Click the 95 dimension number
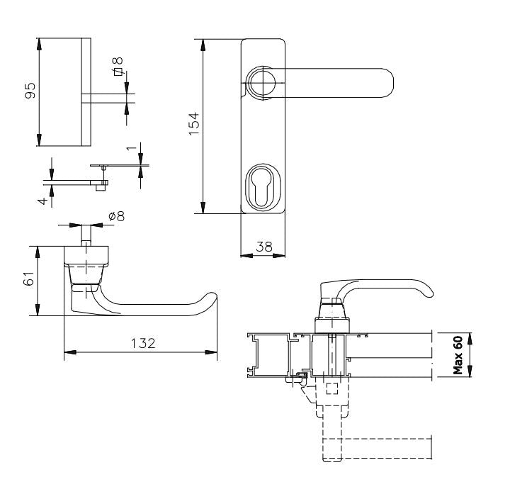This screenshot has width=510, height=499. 30,92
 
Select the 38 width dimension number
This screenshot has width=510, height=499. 263,247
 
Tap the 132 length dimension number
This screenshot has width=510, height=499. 142,342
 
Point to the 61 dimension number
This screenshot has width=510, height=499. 29,281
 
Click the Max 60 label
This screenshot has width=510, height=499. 458,354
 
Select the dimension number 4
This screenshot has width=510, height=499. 43,201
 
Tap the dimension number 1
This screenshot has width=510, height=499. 130,149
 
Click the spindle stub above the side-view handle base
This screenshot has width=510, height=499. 86,236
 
